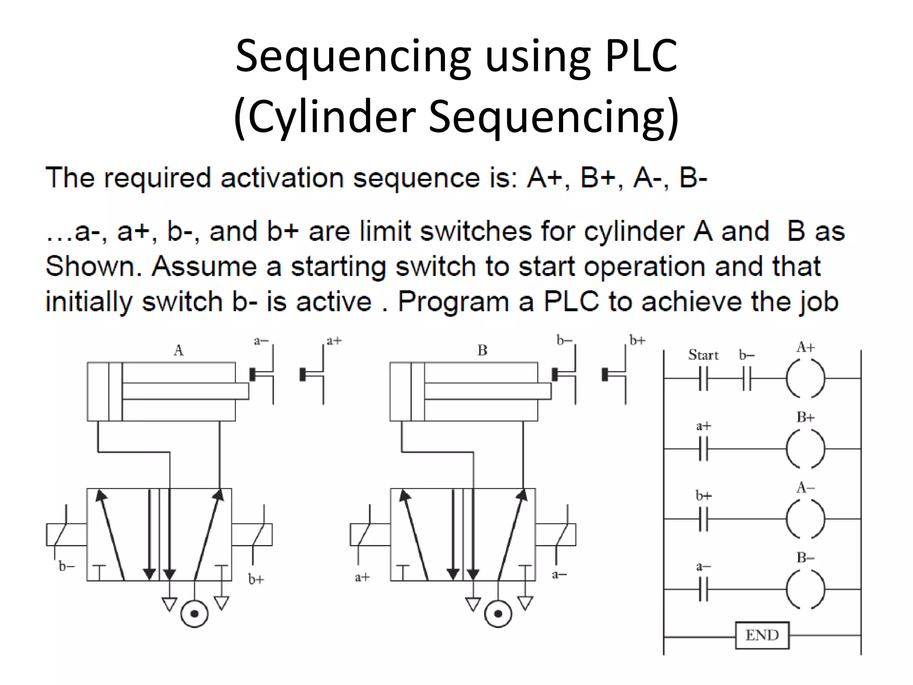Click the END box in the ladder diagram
[762, 635]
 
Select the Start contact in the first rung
[703, 378]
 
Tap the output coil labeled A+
[805, 378]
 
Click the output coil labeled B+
[805, 449]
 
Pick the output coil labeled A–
[805, 519]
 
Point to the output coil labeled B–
[805, 589]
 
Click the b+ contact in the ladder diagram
[703, 519]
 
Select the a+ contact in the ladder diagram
[703, 449]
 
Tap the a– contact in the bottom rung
[703, 589]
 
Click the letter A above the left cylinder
[178, 351]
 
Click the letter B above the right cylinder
[482, 351]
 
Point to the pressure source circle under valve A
[194, 614]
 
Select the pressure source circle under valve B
[498, 614]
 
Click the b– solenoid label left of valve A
[67, 566]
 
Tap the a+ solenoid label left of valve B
[362, 578]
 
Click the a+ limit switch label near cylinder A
[334, 341]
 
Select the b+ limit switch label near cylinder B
[637, 341]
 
